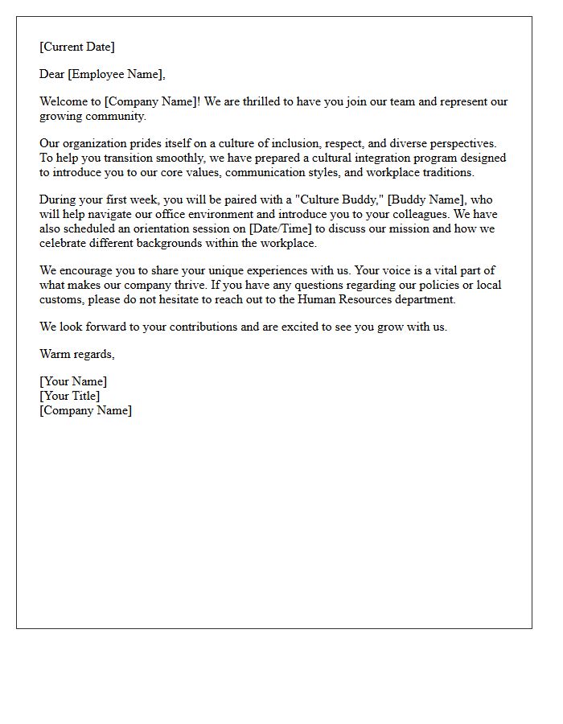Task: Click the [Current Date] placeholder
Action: click(77, 47)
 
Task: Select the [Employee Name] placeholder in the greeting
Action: click(117, 75)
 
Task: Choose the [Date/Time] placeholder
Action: click(281, 228)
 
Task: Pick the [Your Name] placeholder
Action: click(73, 382)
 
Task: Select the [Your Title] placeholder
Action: click(70, 396)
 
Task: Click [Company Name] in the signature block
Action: click(86, 410)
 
